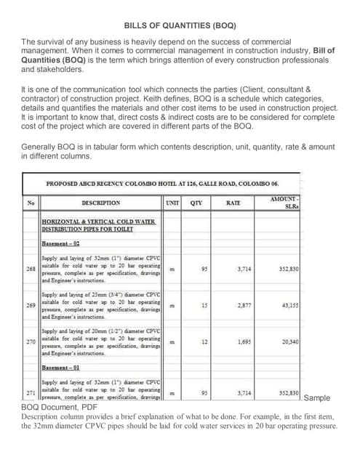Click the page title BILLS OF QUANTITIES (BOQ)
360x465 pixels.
180,25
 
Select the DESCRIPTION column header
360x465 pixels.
100,203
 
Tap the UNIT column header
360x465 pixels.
172,203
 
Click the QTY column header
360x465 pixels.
196,203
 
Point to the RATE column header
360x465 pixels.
233,203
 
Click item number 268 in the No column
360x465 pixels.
31,268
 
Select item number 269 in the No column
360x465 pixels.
31,307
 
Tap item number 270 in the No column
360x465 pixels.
31,341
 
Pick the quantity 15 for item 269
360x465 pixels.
205,306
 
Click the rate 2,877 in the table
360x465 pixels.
245,306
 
